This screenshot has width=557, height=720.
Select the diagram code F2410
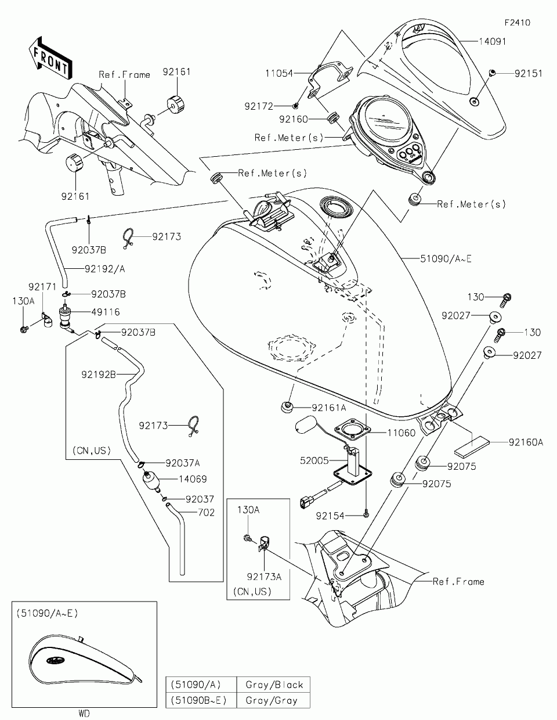[x=517, y=23]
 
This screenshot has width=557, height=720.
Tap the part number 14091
[x=493, y=41]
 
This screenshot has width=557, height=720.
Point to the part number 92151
[x=527, y=74]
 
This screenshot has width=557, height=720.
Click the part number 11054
[x=280, y=74]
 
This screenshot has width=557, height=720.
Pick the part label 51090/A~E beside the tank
[x=446, y=258]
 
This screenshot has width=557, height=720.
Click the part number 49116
[x=105, y=312]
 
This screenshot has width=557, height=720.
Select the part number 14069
[x=193, y=479]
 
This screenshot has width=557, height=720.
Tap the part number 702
[x=206, y=512]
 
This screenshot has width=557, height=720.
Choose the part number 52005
[x=314, y=460]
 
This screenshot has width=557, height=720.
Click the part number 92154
[x=331, y=515]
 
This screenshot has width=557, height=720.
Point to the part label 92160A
[x=526, y=442]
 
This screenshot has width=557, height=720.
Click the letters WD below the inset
[x=84, y=714]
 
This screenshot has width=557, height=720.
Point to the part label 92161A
[x=328, y=408]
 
